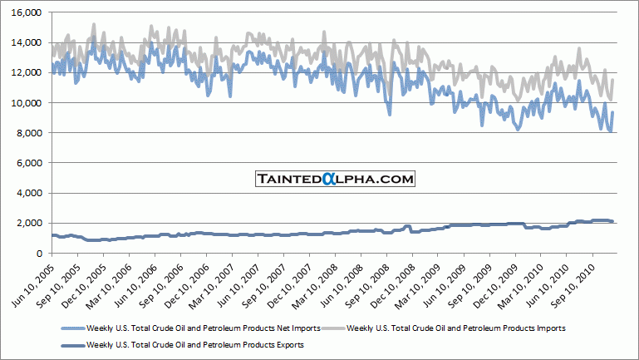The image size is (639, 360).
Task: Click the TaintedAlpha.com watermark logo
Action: pyautogui.click(x=334, y=179)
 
